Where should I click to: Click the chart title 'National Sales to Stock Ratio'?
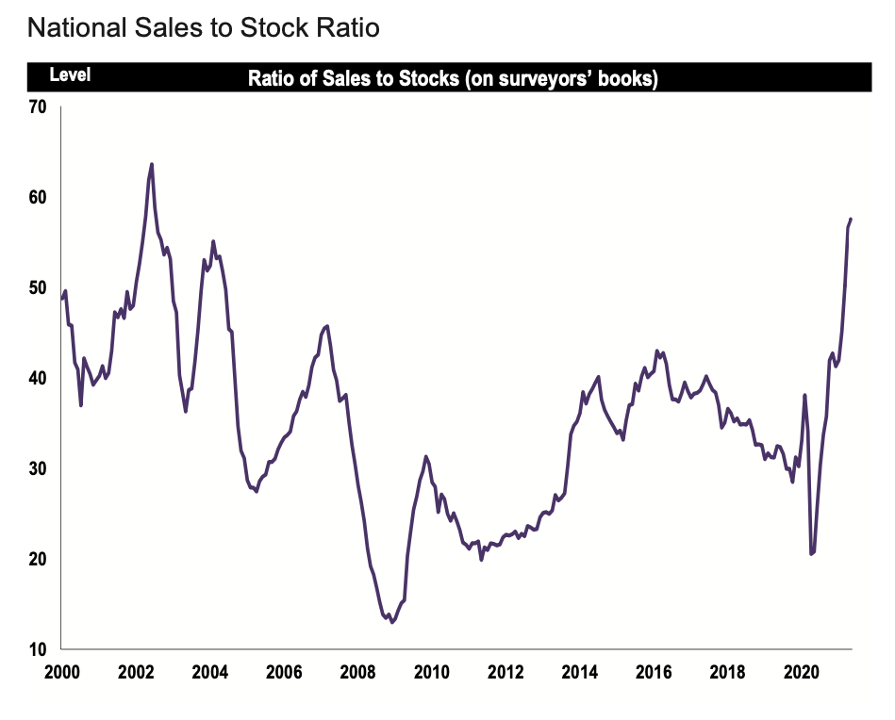tap(203, 28)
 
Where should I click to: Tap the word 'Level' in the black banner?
tap(70, 75)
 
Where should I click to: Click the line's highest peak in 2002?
tap(152, 164)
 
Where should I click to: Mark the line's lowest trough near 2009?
tap(392, 622)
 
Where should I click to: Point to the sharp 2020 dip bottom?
tap(811, 554)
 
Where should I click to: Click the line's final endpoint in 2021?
tap(851, 219)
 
